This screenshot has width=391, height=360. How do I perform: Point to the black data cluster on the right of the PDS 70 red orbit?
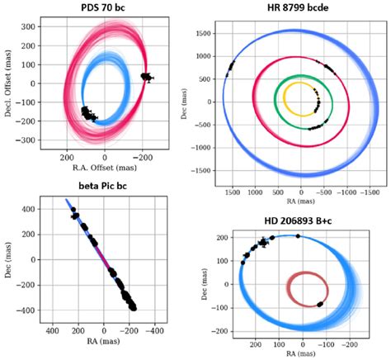pyautogui.click(x=147, y=77)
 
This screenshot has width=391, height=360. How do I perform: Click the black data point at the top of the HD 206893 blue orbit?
pyautogui.click(x=298, y=236)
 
